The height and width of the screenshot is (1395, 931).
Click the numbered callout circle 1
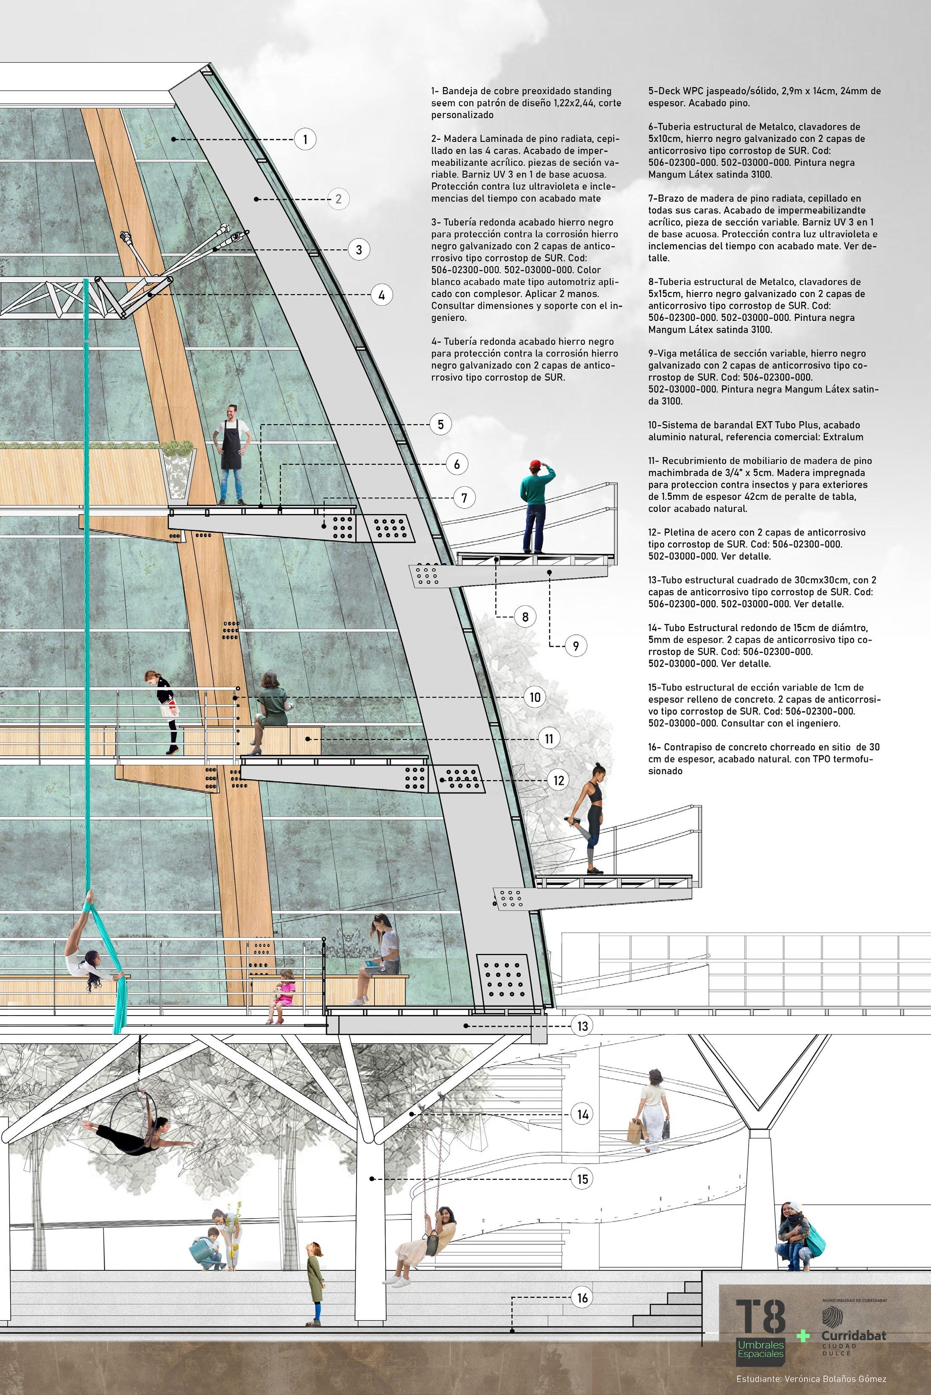[305, 140]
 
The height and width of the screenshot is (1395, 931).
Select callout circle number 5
[441, 424]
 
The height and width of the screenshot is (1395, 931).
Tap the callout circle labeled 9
[575, 645]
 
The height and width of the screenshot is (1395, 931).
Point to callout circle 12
[558, 780]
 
